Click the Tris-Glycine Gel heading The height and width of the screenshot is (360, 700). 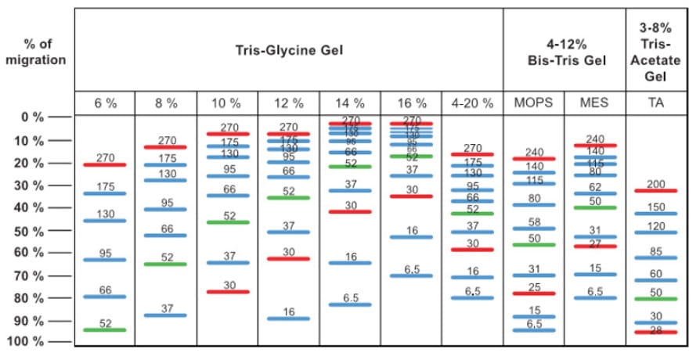pos(289,52)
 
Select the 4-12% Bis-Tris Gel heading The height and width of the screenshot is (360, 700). pos(564,52)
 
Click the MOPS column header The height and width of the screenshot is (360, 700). pos(533,103)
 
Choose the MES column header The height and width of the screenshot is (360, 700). pos(594,103)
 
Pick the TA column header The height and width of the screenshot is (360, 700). pos(656,103)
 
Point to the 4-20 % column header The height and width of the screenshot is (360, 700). pos(472,103)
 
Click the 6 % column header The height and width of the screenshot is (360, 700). pos(105,103)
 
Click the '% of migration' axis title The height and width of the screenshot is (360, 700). pos(35,52)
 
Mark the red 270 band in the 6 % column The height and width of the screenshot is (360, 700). pos(105,164)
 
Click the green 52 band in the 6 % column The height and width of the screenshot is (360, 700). pos(105,329)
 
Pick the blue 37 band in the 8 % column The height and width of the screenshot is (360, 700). pos(166,315)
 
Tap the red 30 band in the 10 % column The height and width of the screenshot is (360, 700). pos(228,291)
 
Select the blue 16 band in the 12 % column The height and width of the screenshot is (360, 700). pos(289,318)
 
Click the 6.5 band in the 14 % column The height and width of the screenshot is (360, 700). pos(350,304)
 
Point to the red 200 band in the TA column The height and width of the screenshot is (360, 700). pos(656,190)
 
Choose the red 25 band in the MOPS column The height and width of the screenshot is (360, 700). pos(533,293)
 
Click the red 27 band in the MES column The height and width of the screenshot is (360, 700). pos(594,246)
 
